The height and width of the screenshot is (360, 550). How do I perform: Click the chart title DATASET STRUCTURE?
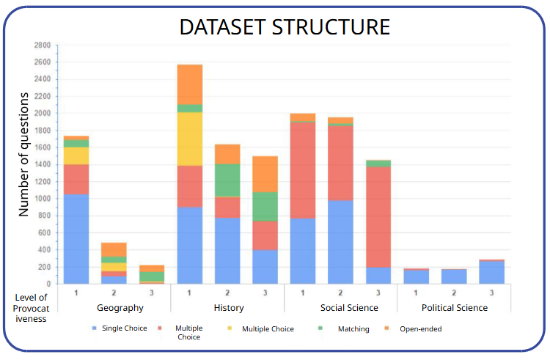pos(285,27)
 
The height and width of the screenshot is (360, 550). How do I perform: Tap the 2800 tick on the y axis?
pos(42,45)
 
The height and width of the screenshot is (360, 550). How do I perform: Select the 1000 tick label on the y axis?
pos(42,199)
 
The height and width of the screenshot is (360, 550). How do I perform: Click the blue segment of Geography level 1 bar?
pos(76,238)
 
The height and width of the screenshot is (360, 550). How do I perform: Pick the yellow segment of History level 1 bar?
pos(190,139)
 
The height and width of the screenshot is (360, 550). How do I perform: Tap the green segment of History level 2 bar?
pos(227,180)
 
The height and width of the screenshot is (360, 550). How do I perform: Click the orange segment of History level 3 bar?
pos(265,174)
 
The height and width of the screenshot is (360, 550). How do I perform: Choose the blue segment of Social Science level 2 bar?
pos(340,242)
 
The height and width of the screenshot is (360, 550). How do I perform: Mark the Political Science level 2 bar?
pos(454,276)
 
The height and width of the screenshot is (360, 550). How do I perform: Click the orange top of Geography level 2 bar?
pos(114,249)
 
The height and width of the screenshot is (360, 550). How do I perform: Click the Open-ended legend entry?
pos(420,328)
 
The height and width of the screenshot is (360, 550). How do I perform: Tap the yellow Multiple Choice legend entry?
pos(268,328)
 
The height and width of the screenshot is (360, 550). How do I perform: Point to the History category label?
pos(227,308)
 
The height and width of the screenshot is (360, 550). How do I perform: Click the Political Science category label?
pos(454,308)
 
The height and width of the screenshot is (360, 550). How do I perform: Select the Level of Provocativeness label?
pos(32,308)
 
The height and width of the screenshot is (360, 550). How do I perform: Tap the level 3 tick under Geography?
pos(152,293)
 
